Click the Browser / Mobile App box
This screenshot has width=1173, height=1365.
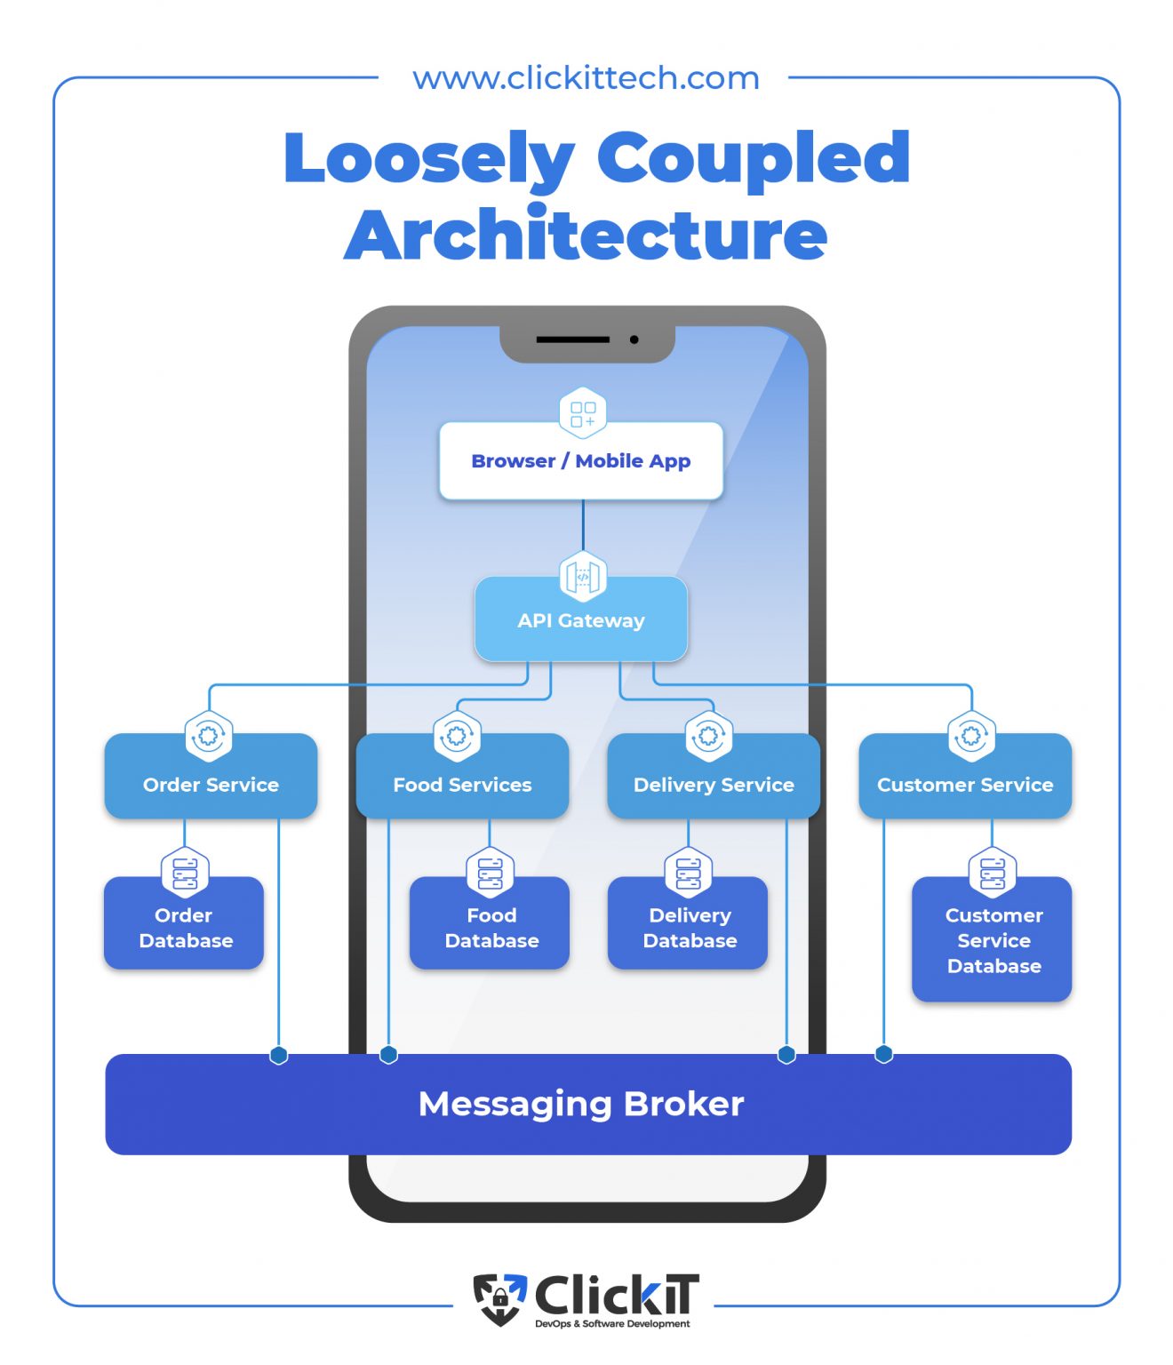(x=580, y=461)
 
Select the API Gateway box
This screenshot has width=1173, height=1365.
(x=581, y=621)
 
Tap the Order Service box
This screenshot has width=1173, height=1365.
(x=211, y=785)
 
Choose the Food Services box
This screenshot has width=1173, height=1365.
(x=462, y=785)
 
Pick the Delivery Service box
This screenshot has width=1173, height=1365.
(x=714, y=785)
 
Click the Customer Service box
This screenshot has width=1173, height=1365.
(x=965, y=785)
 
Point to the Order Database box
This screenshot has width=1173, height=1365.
(x=185, y=928)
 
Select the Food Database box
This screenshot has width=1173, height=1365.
(x=491, y=928)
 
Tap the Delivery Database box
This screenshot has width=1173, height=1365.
(x=689, y=928)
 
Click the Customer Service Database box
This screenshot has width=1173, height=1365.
(x=993, y=941)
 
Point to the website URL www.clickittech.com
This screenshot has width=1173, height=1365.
(x=586, y=78)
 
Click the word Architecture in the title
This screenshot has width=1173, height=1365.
(x=586, y=235)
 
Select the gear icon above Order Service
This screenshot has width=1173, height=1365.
(x=209, y=736)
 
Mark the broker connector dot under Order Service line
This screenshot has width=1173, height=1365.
(x=279, y=1056)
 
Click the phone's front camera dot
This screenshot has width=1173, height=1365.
(x=634, y=339)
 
